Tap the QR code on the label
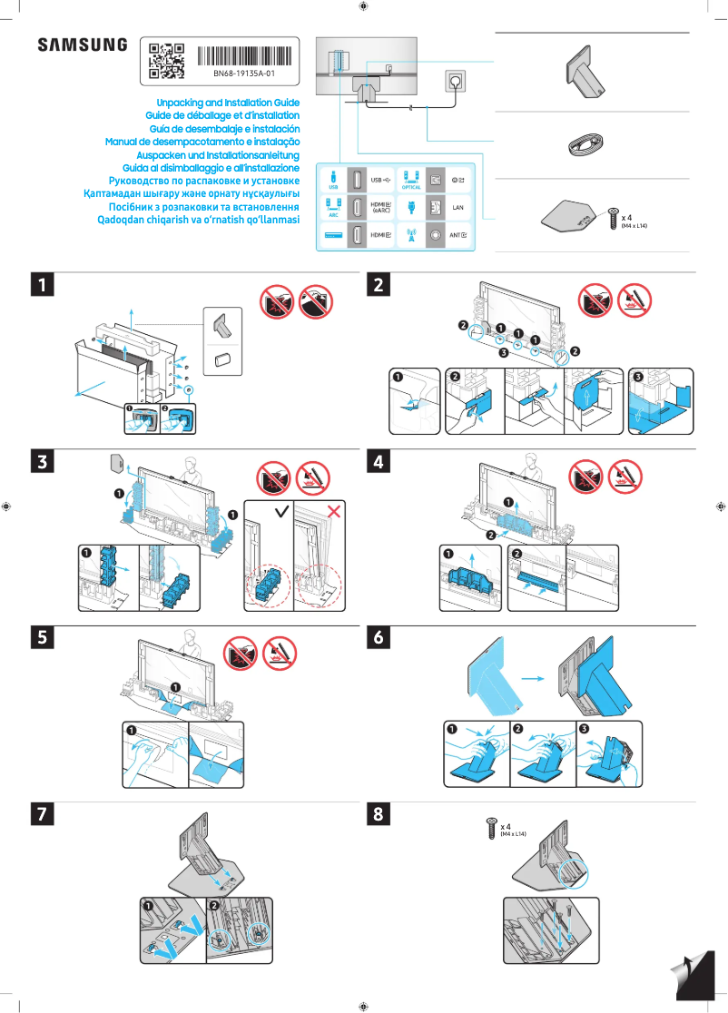166,58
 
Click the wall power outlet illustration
455,82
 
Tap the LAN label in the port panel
457,207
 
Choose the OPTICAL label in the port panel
410,187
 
